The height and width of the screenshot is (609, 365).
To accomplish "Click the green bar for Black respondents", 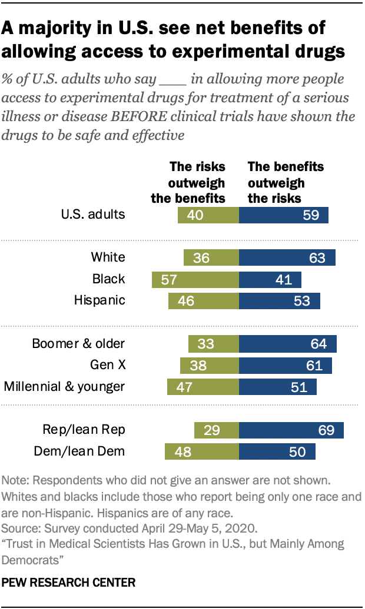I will [195, 279].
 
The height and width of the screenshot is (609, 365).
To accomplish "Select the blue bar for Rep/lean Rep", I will [291, 430].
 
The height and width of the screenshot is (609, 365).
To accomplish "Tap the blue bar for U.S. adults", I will [283, 215].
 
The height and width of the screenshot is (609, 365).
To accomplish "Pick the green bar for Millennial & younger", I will [203, 387].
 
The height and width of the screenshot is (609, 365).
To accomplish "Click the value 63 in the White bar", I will [313, 257].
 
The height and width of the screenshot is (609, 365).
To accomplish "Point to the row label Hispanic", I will [99, 300].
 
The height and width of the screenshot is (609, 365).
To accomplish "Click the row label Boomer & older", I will [79, 343].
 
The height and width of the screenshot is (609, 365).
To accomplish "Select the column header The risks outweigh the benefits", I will [188, 182].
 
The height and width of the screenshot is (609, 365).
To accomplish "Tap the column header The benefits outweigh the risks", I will [286, 182].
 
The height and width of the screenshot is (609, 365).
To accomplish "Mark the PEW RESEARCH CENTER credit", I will [69, 583].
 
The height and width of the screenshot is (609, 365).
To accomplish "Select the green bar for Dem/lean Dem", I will [202, 451].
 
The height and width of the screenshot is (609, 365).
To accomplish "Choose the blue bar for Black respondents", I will [270, 279].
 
